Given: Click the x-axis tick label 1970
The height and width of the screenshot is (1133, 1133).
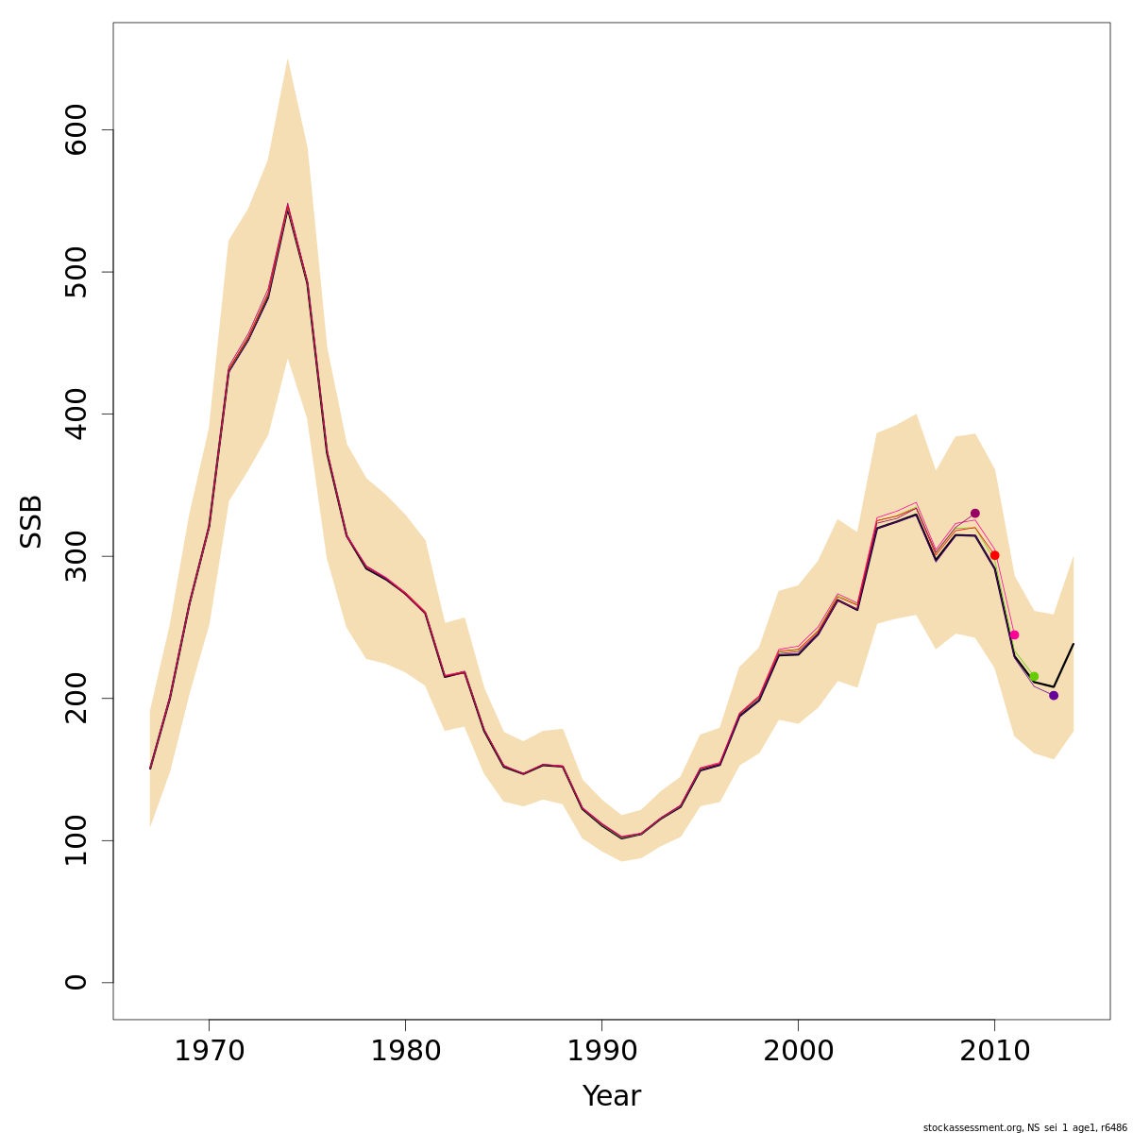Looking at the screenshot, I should (x=209, y=1051).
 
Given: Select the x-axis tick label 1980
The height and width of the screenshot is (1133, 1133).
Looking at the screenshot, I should (x=405, y=1051).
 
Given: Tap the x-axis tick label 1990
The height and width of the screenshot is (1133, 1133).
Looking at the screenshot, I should (x=601, y=1051).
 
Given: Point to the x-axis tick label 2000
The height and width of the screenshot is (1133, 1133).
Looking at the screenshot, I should (x=798, y=1051).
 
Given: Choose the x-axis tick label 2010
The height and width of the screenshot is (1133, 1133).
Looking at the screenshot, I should (x=994, y=1051).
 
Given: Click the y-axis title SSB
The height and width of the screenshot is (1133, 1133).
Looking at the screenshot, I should (x=32, y=521).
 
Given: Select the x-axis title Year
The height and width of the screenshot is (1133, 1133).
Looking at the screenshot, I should (x=612, y=1096).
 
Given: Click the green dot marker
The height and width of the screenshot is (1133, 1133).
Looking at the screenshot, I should (x=1034, y=676).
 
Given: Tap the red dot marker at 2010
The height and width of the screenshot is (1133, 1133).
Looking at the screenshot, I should (x=995, y=555).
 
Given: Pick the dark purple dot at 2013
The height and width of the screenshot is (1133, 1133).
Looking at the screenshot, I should (x=1054, y=695).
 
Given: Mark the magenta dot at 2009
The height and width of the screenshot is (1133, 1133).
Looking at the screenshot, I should (x=975, y=514).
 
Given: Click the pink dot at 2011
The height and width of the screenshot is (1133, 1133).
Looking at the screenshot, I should (x=1014, y=634).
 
